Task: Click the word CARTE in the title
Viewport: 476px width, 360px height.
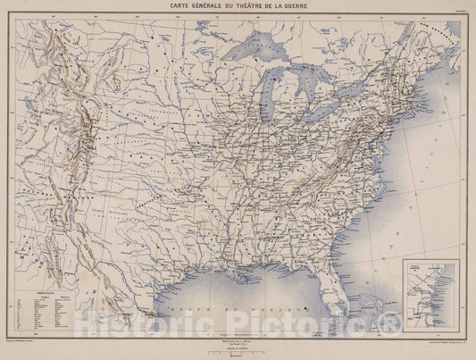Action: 169,6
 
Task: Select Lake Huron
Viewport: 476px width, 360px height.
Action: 307,86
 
